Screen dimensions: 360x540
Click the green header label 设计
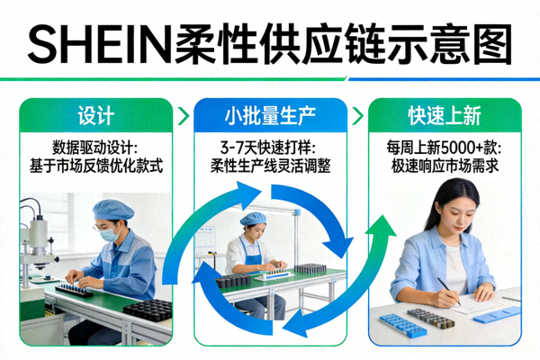pos(95,116)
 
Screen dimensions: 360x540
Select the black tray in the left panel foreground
pos(148,310)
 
